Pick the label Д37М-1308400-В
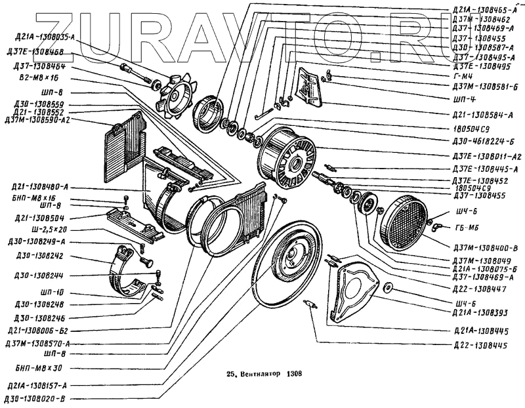pyautogui.click(x=485, y=247)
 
